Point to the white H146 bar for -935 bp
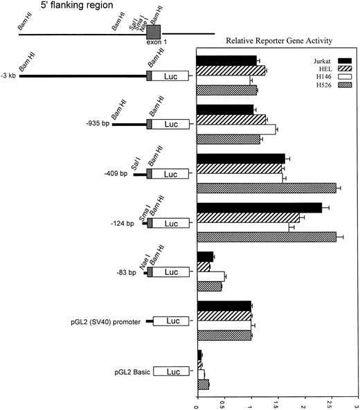click(x=236, y=129)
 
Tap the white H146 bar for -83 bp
click(x=210, y=276)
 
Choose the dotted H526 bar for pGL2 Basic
click(x=203, y=384)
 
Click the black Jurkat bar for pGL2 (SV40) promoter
click(x=224, y=305)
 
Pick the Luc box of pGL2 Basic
click(x=170, y=372)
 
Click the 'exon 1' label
click(x=154, y=42)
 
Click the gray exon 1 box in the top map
click(x=154, y=31)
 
